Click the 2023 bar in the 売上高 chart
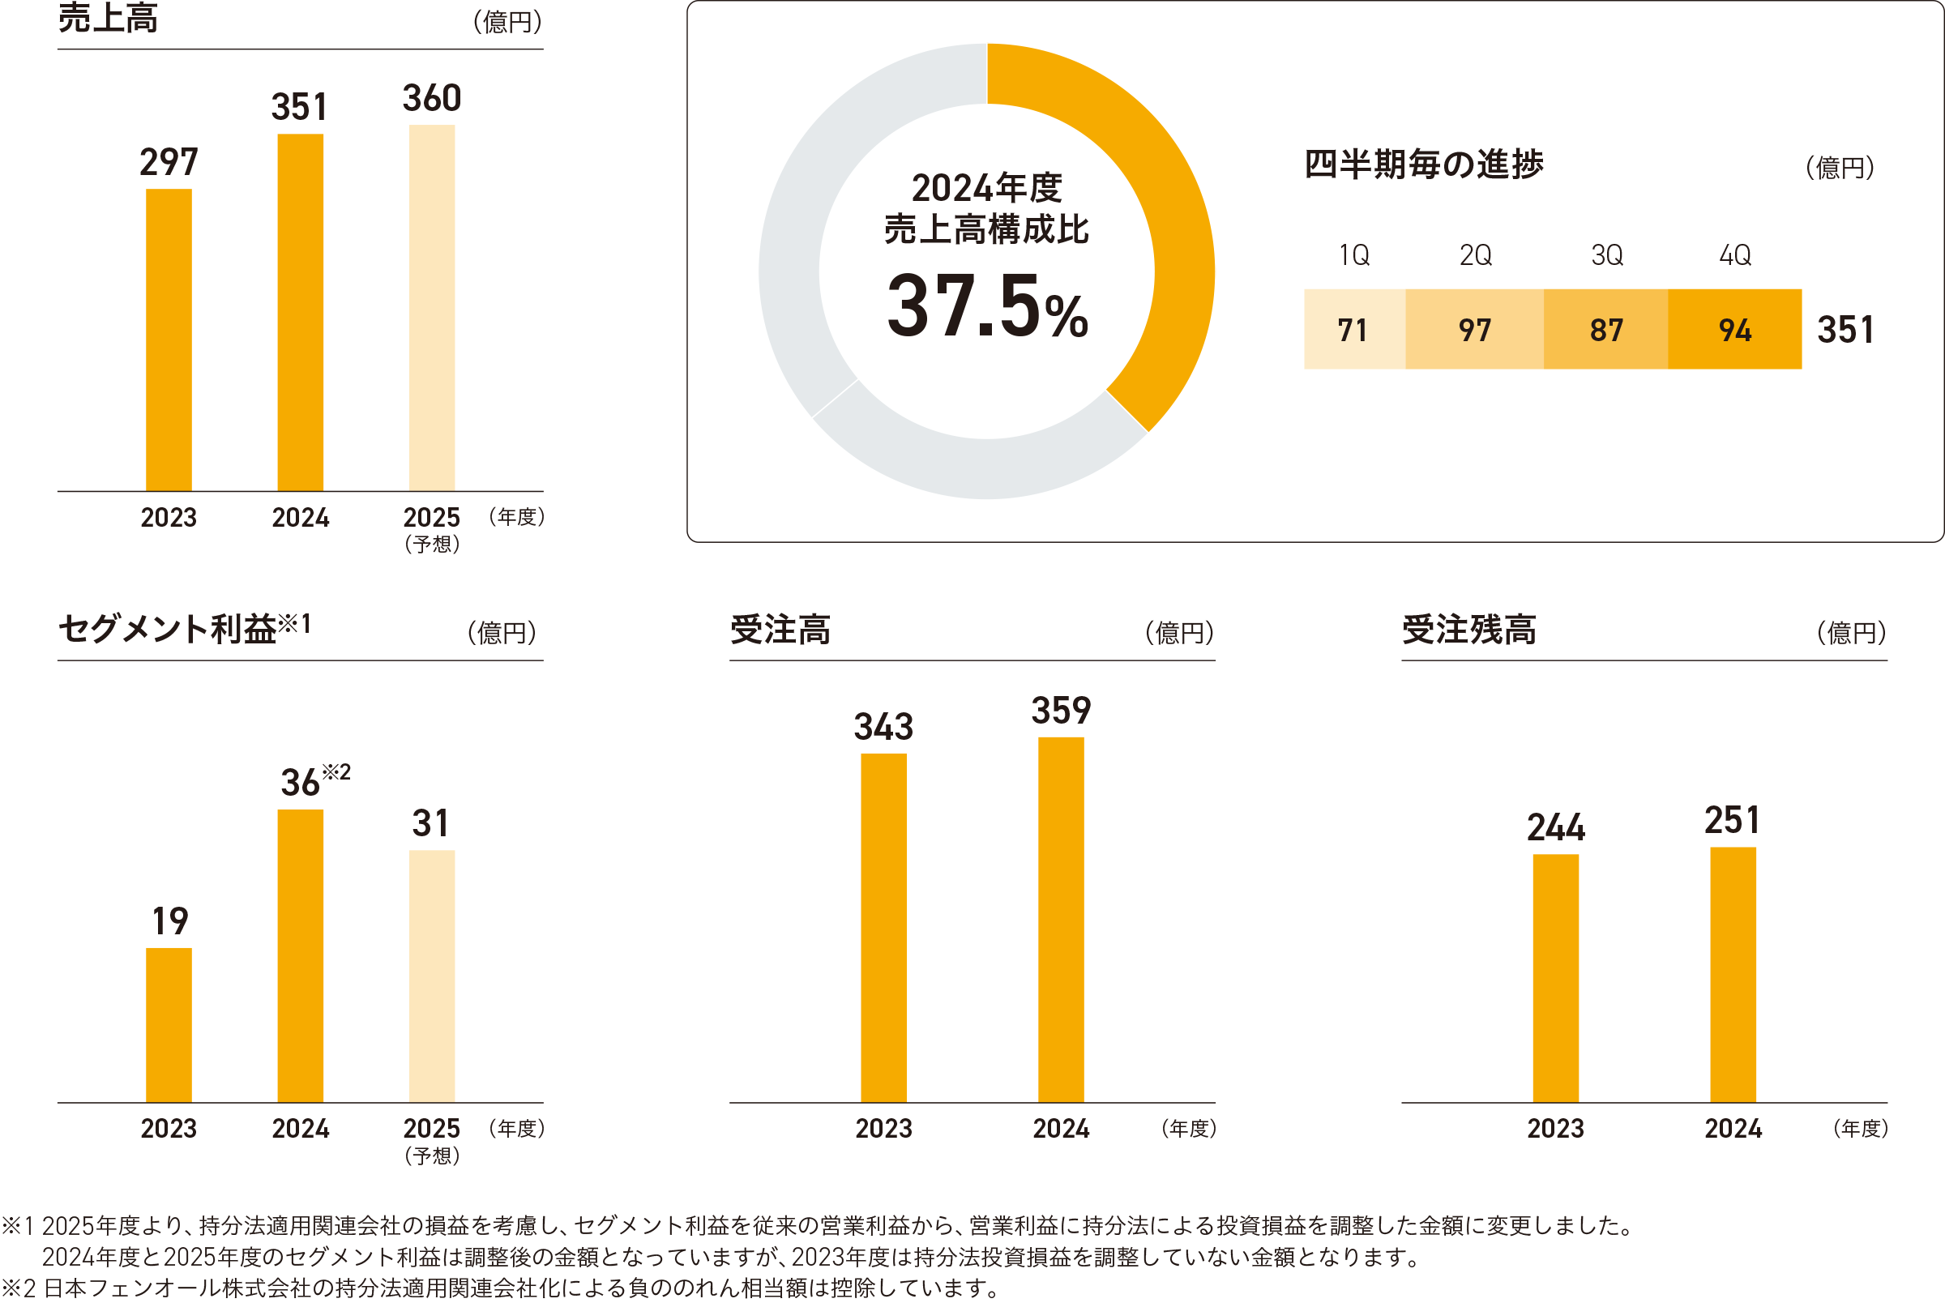coord(169,340)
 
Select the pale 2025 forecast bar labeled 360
coord(431,307)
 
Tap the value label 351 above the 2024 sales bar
coord(299,107)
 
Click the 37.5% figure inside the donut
coord(986,306)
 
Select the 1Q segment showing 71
coord(1353,330)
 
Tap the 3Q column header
coord(1606,255)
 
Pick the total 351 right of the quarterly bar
coord(1845,330)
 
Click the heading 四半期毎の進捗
coord(1422,164)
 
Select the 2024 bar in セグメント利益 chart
coord(300,955)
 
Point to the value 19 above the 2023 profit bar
coord(169,921)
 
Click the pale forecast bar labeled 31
coord(431,976)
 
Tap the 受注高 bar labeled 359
coord(1060,919)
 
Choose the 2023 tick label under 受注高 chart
coord(883,1129)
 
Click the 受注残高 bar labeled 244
coord(1554,978)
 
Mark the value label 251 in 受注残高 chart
coord(1732,821)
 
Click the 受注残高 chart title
coord(1468,630)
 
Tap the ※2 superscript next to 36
coord(336,772)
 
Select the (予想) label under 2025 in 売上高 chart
coord(431,545)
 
